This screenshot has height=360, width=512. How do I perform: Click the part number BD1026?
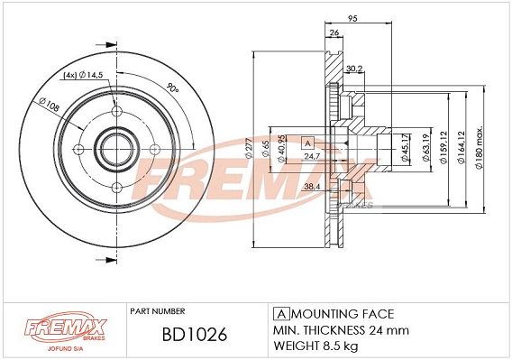coord(195,335)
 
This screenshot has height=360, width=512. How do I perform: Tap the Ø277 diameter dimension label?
coord(249,149)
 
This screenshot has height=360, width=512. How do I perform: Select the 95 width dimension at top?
coord(352,18)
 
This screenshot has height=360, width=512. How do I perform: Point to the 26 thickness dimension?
coord(334,32)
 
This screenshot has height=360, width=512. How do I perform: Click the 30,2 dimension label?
coord(354,69)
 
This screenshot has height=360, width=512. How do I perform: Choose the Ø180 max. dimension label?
coord(479,147)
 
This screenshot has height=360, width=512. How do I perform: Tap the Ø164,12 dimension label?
coord(461,147)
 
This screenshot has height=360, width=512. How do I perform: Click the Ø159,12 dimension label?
coord(443,147)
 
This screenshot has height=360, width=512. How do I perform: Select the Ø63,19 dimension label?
coord(425,147)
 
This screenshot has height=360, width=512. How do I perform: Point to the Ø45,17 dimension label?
coord(405,147)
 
